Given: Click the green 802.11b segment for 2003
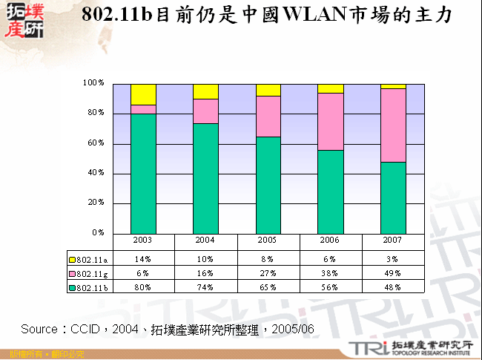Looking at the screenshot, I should coord(143,173).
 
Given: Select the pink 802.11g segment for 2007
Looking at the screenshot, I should coord(393,125).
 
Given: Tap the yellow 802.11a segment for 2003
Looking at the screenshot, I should coord(143,94).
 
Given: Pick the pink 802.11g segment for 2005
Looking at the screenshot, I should coord(268,117).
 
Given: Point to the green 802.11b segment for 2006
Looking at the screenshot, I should coord(331,192).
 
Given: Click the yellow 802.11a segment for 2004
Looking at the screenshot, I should coord(205,91).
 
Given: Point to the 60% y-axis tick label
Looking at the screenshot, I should coord(96,143).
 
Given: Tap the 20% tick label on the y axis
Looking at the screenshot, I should coord(96,203).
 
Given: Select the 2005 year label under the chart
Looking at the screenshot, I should coord(268,240).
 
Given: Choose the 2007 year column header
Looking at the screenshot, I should coord(393,240).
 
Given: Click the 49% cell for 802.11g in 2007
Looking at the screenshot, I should coord(393,273).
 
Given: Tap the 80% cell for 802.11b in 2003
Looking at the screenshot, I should coord(143,287).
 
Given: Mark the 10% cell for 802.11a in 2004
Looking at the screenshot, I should coord(205,259).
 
